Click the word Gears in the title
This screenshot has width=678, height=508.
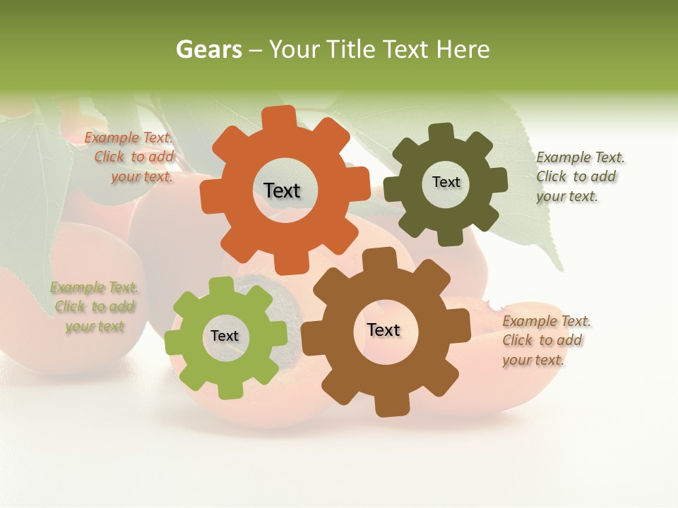pos(209,49)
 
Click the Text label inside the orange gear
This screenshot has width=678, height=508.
pos(282,190)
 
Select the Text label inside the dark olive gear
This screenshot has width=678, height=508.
pos(446,182)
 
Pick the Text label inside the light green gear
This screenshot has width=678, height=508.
pos(225,336)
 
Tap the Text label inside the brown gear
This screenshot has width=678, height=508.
pos(383,329)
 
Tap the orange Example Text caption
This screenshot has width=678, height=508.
pos(130,157)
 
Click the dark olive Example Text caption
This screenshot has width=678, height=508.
pos(579,176)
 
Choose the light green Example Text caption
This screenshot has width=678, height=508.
pos(95,307)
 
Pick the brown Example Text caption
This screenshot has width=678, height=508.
pos(545,340)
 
